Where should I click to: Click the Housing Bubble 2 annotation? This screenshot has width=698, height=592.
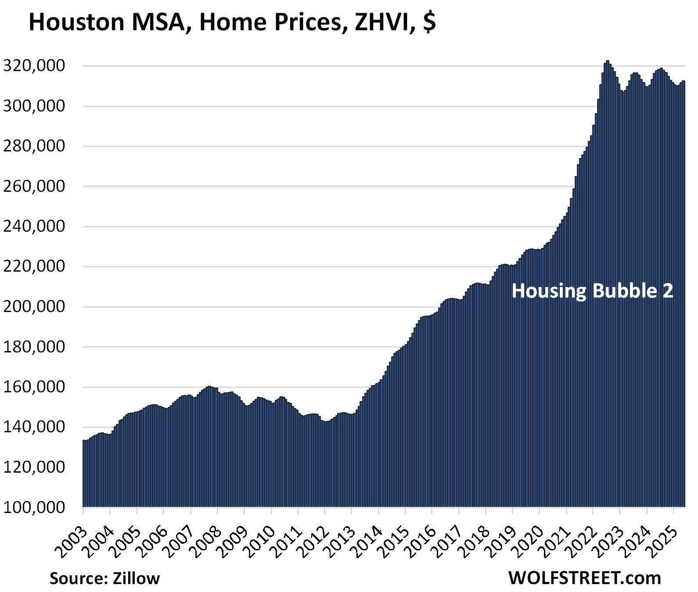(592, 291)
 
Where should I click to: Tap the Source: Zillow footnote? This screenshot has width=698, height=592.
(104, 578)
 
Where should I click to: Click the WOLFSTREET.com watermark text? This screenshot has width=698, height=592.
(585, 578)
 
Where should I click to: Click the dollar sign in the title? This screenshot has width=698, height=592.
(430, 23)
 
